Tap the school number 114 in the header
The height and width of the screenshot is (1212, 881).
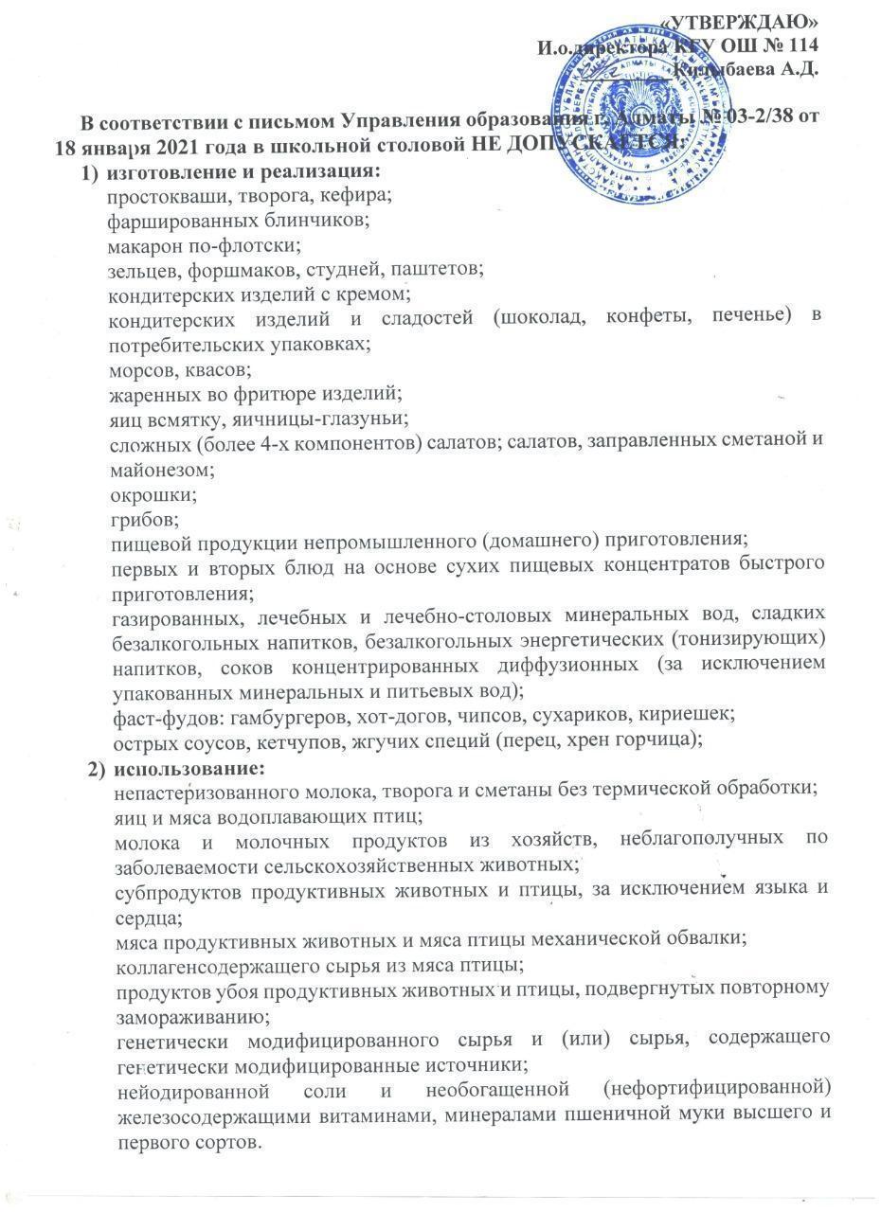point(800,45)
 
